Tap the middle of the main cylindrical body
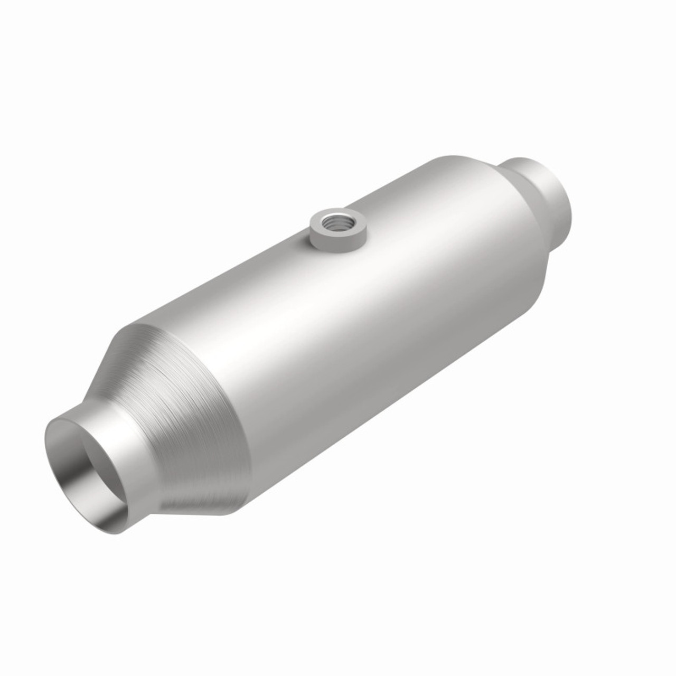pos(338,327)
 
